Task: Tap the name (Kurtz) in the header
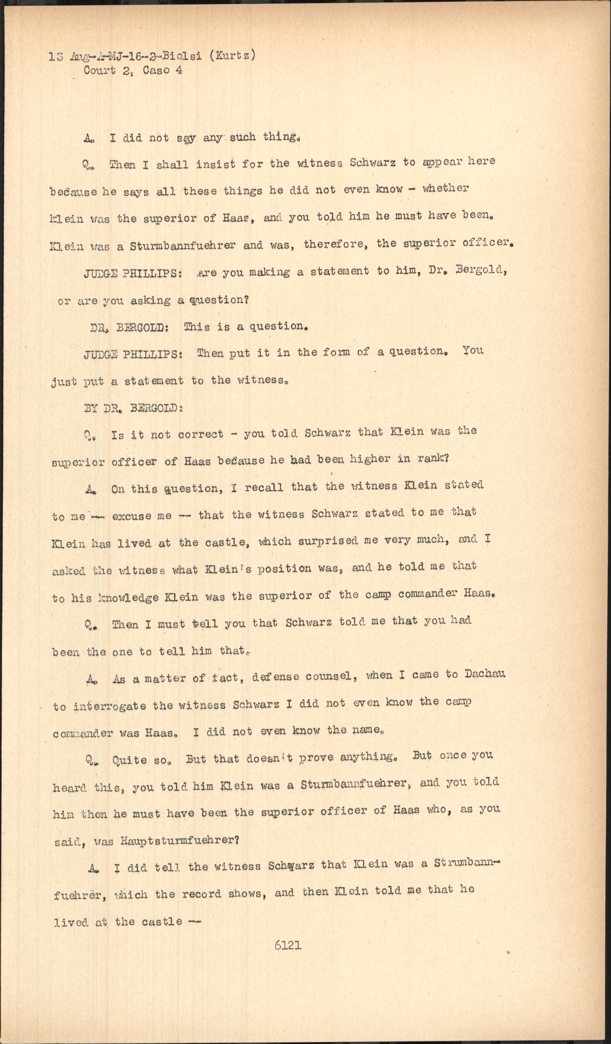click(231, 55)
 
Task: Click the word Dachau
click(481, 675)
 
